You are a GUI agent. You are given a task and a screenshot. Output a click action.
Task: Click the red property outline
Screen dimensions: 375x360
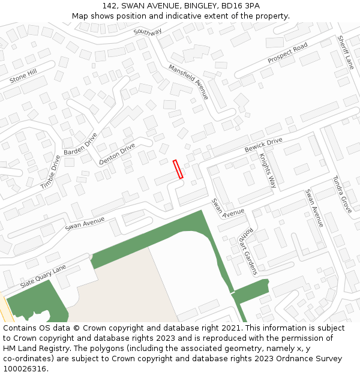click(x=178, y=169)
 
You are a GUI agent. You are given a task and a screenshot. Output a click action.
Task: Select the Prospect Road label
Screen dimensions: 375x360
click(x=287, y=53)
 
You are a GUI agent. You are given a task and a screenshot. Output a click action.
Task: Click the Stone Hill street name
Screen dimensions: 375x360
click(x=23, y=76)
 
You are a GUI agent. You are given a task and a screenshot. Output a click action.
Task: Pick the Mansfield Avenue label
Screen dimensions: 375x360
click(x=188, y=82)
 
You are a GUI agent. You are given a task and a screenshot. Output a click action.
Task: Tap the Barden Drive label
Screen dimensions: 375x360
click(x=80, y=144)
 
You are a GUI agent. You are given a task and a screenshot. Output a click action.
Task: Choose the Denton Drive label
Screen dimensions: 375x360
click(x=117, y=154)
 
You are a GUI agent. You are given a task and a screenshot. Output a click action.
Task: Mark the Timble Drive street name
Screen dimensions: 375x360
click(x=50, y=172)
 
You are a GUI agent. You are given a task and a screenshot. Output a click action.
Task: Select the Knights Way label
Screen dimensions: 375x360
click(x=268, y=170)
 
